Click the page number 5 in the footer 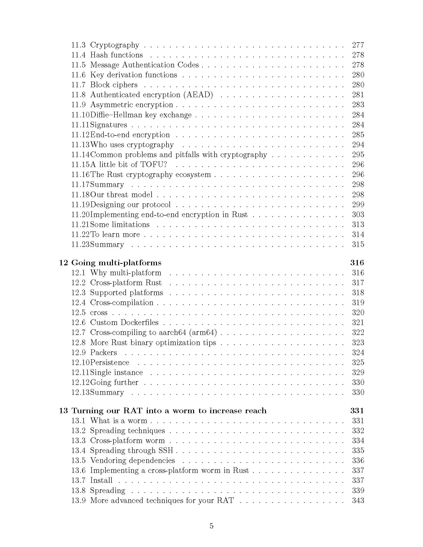(211, 526)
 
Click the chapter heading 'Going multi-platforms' (116, 263)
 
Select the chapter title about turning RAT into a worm (169, 410)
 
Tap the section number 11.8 (78, 95)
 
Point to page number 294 (358, 144)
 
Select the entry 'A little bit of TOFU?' (129, 165)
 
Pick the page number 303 (358, 214)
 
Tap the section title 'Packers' (104, 352)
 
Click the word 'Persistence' (109, 363)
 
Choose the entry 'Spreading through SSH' (132, 450)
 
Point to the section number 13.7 (78, 480)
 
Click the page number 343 (358, 501)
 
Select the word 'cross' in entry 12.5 (99, 313)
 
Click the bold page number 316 (357, 263)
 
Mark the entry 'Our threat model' (121, 195)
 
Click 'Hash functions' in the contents (116, 55)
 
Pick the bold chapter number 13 (63, 410)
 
